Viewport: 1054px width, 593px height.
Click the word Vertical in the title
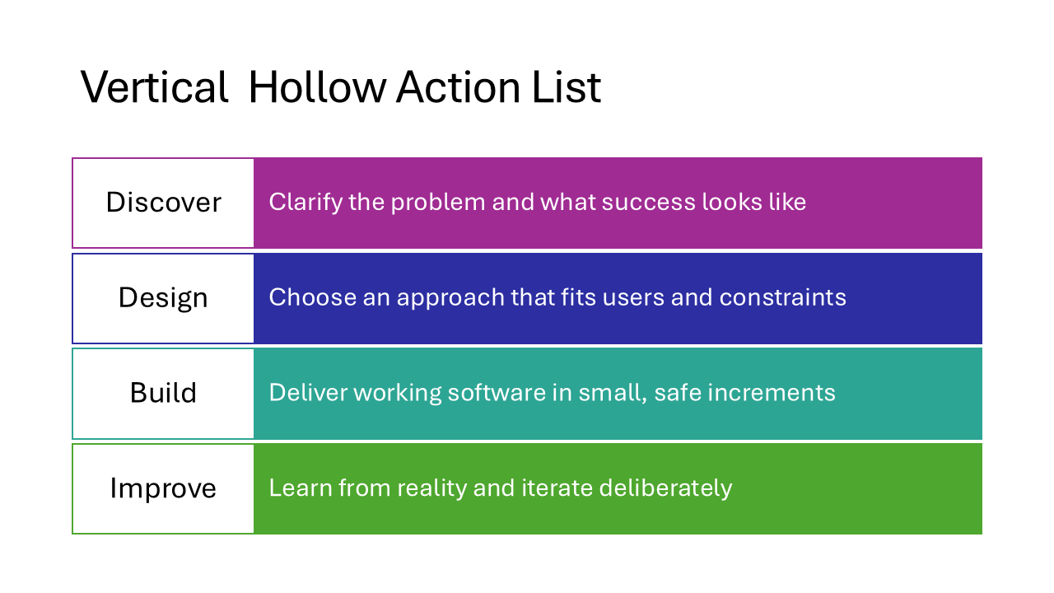155,87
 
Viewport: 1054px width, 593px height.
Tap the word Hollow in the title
316,87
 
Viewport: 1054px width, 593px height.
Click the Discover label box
163,203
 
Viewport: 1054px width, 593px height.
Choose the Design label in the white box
163,297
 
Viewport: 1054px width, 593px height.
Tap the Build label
163,393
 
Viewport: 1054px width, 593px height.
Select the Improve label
163,488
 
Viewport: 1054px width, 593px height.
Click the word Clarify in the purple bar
305,202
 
